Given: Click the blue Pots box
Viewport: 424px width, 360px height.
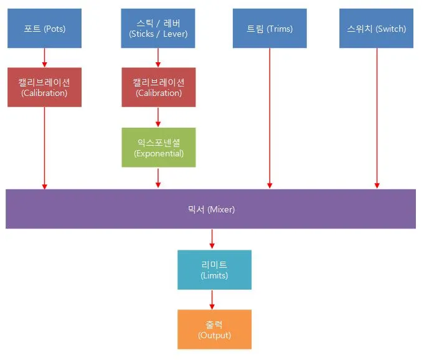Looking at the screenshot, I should pos(44,29).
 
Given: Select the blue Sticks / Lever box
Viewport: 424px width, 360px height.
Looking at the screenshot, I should pos(158,29).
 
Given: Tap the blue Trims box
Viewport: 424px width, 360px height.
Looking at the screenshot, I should pos(270,29).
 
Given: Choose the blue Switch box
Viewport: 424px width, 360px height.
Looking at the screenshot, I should pos(376,29).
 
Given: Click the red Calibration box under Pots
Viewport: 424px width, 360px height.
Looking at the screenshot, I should pos(44,87).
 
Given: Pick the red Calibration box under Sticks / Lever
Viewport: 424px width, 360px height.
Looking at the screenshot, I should pos(158,87).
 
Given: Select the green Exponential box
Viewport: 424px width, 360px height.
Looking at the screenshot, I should pos(158,148).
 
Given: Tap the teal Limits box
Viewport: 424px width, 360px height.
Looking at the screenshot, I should pos(214,270).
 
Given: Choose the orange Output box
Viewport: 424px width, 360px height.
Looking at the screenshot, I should pos(214,329).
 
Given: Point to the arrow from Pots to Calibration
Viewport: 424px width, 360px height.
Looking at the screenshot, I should pos(44,58).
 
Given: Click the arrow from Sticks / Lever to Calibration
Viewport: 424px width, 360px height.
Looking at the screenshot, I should pos(158,58).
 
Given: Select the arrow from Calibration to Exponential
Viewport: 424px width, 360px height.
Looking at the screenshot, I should pos(158,117).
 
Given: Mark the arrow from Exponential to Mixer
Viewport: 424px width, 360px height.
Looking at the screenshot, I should pos(158,178).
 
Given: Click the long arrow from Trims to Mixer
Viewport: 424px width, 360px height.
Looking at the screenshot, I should pos(270,118).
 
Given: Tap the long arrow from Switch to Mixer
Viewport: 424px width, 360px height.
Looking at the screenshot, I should pos(376,118).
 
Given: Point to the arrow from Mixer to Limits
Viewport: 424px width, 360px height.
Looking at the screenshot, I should pos(212,239).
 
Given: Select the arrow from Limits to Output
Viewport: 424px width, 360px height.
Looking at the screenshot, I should pos(212,300).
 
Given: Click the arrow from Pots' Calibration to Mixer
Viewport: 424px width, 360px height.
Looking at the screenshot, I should pos(44,148).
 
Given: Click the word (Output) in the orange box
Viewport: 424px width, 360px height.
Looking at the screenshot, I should pos(214,336).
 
